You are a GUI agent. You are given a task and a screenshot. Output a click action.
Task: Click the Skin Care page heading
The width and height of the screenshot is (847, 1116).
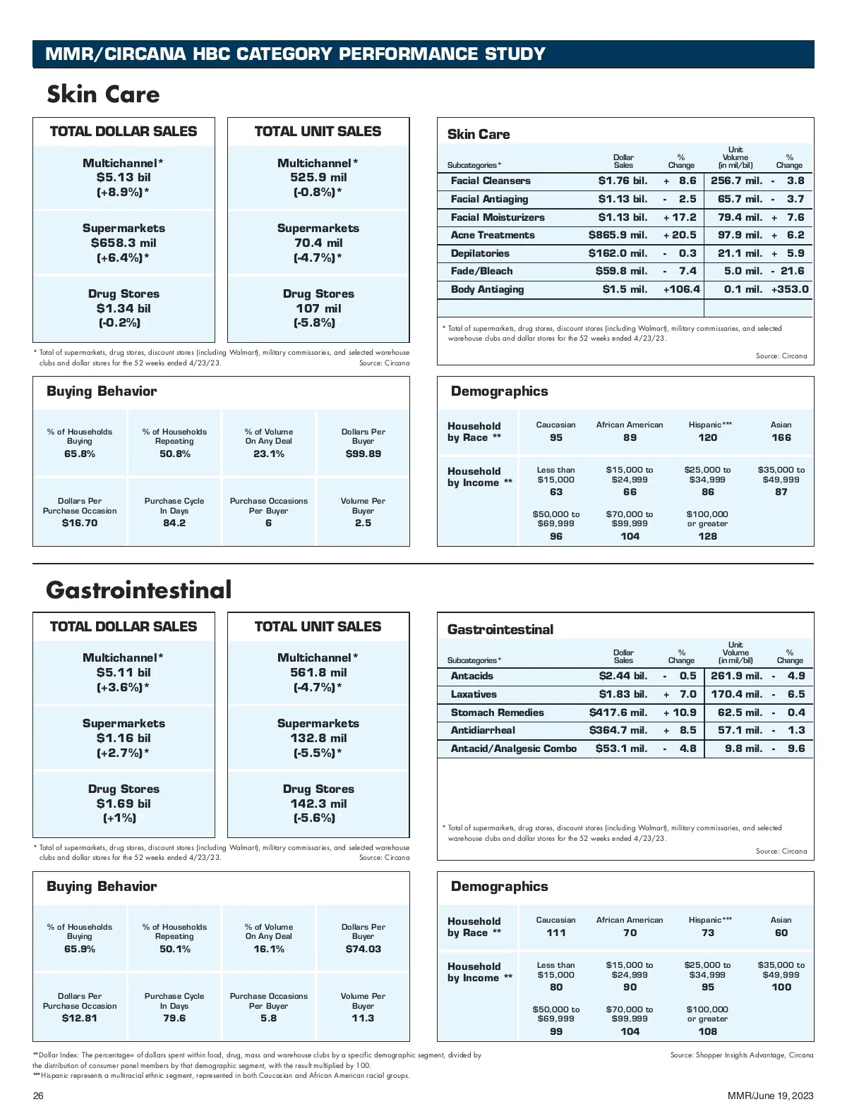point(103,95)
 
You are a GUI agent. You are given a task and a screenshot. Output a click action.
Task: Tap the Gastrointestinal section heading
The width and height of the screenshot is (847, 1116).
point(138,590)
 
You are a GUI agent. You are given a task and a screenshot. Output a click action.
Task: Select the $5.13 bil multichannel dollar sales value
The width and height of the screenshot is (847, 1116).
point(124,178)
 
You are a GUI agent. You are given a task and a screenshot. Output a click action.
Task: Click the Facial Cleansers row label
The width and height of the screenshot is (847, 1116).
point(491,181)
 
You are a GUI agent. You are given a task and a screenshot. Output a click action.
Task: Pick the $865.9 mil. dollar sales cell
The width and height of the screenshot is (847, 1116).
point(618,236)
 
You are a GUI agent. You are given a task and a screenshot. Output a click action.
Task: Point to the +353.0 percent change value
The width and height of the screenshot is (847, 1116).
point(790,289)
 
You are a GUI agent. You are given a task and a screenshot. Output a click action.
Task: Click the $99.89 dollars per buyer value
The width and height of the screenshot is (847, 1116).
point(363,454)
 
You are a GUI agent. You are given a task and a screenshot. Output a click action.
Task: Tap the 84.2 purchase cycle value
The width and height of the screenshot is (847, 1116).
point(174,523)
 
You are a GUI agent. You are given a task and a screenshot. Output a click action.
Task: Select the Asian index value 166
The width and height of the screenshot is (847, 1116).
point(781,437)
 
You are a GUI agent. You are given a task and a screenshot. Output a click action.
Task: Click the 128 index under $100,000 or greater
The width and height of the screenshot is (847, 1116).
point(707,536)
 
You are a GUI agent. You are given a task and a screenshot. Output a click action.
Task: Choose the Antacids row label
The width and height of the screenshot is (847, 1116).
point(471,676)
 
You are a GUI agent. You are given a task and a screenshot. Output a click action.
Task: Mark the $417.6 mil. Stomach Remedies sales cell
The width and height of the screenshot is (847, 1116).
point(618,712)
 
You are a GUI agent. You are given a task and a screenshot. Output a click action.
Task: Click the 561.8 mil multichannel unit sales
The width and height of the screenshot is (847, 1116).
point(318,673)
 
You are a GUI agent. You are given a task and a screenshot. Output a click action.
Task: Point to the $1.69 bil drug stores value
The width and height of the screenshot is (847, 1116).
point(124,803)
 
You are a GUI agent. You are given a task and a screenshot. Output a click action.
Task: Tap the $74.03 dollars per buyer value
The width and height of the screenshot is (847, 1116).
point(363,949)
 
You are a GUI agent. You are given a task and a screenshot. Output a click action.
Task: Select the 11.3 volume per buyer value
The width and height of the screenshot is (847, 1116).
point(363,1018)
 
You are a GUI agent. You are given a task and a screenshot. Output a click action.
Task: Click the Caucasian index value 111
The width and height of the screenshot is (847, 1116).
point(555,933)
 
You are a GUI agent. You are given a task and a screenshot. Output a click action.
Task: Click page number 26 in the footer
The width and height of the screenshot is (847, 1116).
point(38,1096)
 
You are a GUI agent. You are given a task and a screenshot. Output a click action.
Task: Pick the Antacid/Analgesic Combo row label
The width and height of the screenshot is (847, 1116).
point(513,748)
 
